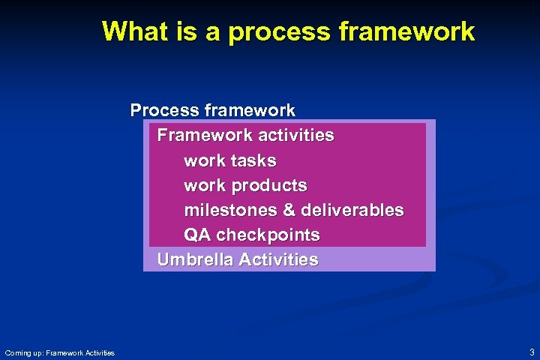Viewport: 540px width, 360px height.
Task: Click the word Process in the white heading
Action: (163, 110)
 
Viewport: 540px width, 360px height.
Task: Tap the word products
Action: (269, 185)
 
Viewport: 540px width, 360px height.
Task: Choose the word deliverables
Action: (352, 210)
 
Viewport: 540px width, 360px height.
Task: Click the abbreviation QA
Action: (197, 235)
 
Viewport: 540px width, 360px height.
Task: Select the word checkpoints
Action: (268, 235)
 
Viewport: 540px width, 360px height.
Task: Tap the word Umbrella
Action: (195, 259)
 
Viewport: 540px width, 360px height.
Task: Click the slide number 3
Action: (532, 352)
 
